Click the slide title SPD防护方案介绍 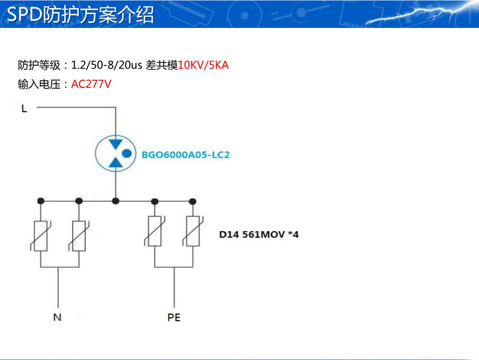point(80,15)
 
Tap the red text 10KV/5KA point(203,65)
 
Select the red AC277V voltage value point(91,84)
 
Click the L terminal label point(24,109)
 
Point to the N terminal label point(57,317)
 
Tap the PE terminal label point(174,317)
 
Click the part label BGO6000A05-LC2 point(185,155)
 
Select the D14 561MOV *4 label point(259,234)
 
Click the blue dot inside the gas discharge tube point(127,154)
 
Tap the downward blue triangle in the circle point(116,144)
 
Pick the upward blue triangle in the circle point(116,163)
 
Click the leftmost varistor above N point(40,235)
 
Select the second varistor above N point(79,235)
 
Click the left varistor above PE point(154,231)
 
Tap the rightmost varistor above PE point(192,231)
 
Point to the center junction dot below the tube point(116,201)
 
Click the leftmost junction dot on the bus point(40,201)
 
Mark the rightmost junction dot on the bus point(192,201)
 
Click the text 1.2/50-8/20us point(106,65)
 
